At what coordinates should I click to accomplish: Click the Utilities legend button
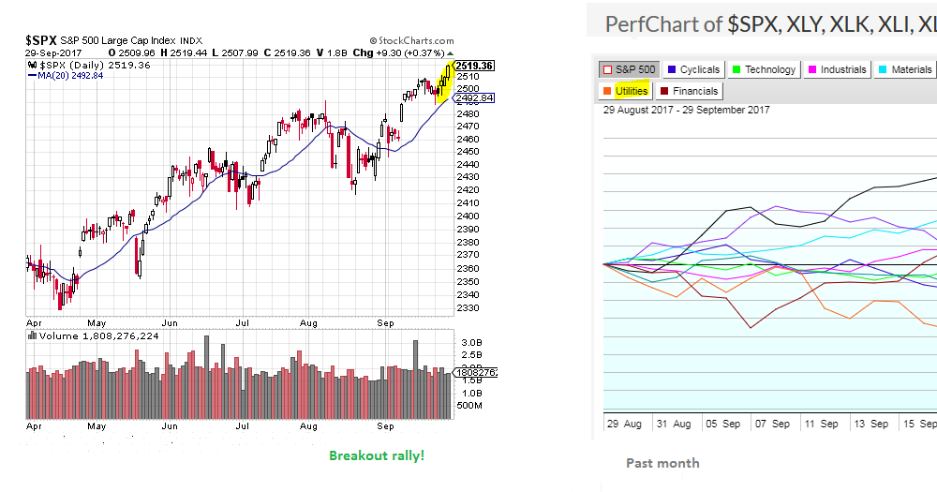pos(625,91)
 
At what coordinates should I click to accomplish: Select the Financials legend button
pos(690,91)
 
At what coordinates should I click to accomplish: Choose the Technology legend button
pos(764,69)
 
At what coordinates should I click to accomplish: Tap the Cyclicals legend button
pos(693,69)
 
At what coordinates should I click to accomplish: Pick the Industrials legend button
pos(836,69)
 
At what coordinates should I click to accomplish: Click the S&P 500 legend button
pos(629,69)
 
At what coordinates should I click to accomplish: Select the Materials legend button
pos(904,69)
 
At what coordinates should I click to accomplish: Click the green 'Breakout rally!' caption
pos(377,455)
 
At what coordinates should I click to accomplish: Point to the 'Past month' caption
pos(662,462)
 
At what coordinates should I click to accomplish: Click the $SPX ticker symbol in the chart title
pos(42,40)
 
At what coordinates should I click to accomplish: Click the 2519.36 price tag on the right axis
pos(475,67)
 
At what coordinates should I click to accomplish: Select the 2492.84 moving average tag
pos(475,97)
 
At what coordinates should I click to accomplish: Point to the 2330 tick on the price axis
pos(468,307)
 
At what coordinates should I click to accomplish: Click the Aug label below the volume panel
pos(309,425)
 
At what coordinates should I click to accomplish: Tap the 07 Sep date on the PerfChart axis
pos(774,424)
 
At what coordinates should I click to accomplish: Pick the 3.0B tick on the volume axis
pos(470,343)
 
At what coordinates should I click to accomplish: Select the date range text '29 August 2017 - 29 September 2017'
pos(687,110)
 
